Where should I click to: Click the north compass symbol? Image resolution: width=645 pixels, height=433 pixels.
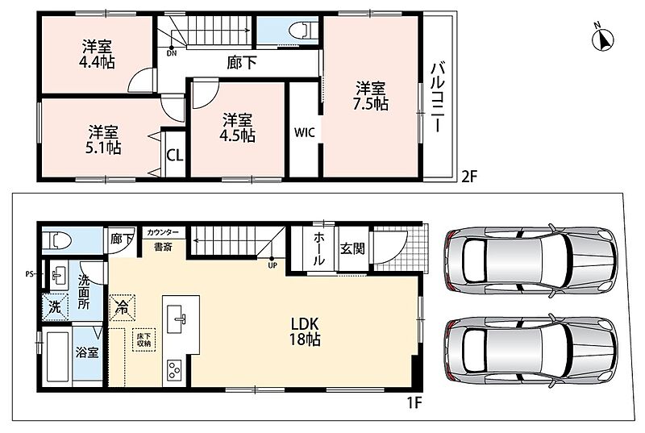click(x=602, y=39)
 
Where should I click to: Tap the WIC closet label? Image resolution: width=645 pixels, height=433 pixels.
click(x=305, y=133)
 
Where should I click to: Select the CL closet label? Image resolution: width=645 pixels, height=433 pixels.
click(x=175, y=156)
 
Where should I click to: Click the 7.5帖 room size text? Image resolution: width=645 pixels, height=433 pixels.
click(x=370, y=104)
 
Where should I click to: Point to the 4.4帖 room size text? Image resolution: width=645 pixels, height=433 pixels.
click(x=97, y=62)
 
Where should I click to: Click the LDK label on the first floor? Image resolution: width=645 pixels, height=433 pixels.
click(x=306, y=323)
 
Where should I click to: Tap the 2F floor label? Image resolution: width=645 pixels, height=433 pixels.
click(x=468, y=177)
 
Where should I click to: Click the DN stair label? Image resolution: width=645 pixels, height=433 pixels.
click(x=172, y=53)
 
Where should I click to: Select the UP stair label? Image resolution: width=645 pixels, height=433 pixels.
click(x=273, y=265)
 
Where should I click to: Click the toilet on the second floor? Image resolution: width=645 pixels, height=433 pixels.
click(x=303, y=31)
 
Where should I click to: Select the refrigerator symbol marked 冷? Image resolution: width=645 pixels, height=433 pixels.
click(x=123, y=307)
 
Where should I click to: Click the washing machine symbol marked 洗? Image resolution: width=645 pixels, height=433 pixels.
click(x=55, y=306)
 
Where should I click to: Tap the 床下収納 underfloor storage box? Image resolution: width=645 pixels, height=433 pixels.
click(x=144, y=339)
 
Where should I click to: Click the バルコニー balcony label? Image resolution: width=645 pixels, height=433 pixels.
click(x=438, y=98)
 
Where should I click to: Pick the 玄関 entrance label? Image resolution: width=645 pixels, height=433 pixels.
click(x=352, y=248)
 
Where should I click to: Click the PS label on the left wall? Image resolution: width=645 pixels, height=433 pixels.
click(x=29, y=273)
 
